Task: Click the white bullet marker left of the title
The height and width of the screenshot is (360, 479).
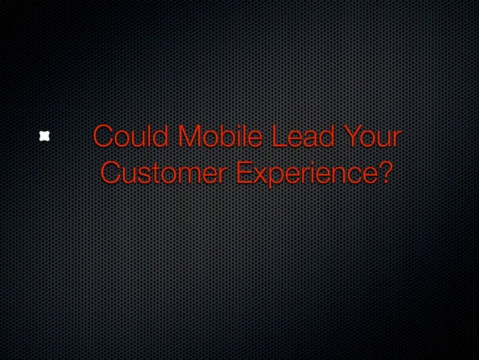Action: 45,136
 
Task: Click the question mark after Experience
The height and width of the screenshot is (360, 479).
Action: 383,172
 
